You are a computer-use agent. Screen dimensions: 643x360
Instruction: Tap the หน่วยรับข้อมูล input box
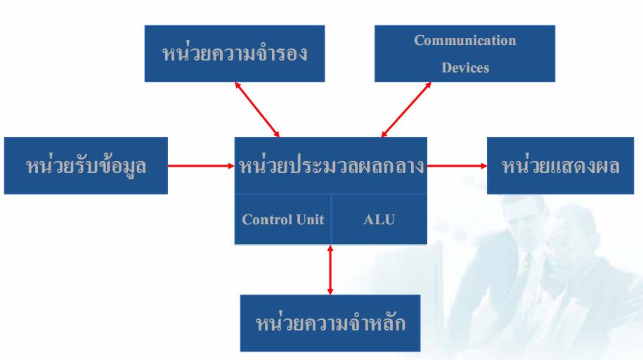click(x=86, y=166)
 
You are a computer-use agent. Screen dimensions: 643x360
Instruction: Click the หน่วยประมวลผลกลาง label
click(x=331, y=166)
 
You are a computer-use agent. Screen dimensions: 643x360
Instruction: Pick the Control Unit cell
click(x=282, y=219)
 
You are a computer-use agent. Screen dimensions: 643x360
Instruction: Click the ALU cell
click(x=379, y=219)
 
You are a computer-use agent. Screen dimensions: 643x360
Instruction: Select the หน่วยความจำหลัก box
click(x=330, y=323)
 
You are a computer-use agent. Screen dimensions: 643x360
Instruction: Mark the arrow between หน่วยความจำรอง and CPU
click(x=257, y=110)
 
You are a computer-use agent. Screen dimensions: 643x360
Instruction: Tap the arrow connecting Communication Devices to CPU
click(x=406, y=110)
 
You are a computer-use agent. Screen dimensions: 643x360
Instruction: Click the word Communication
click(x=465, y=40)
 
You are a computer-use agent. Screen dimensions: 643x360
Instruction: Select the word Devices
click(x=465, y=68)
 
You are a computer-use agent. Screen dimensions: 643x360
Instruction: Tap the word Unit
click(x=310, y=219)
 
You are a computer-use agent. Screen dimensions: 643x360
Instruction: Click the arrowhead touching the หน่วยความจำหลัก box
click(x=330, y=290)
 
